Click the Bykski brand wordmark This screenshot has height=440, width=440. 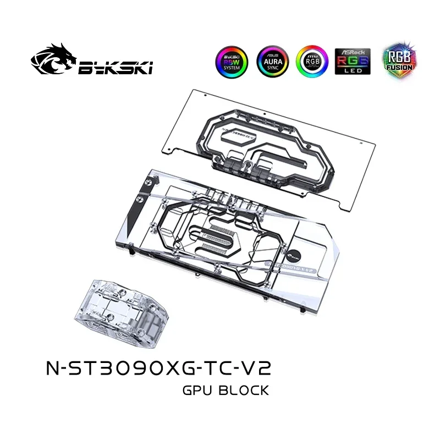[116, 67]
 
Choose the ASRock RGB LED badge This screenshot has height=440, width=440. [349, 62]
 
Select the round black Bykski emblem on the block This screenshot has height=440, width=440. [297, 252]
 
